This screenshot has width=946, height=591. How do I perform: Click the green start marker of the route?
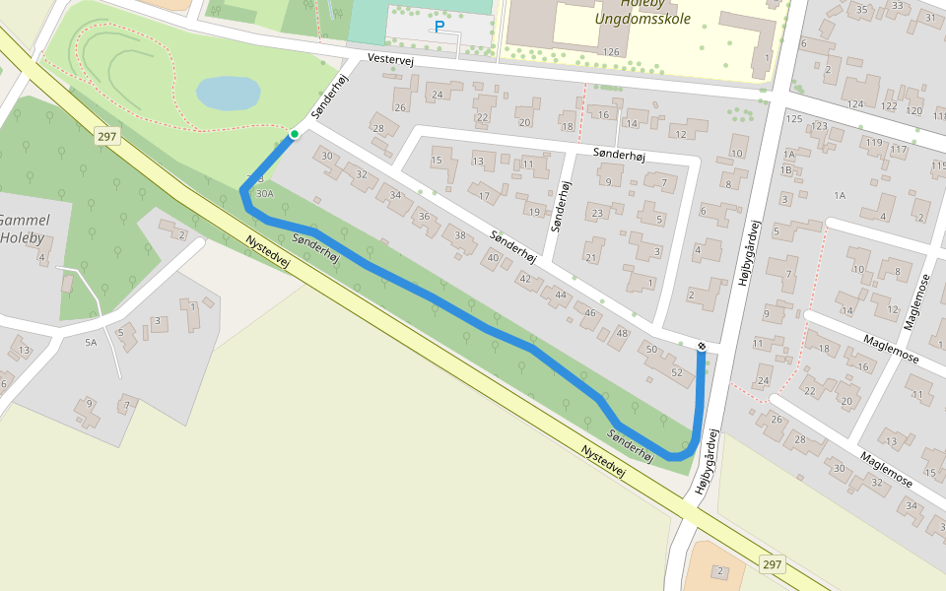(x=294, y=134)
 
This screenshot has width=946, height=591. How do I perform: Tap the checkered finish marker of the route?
(x=701, y=346)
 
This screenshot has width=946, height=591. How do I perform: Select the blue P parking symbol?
(x=439, y=28)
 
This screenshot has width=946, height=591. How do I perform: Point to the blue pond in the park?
(x=228, y=95)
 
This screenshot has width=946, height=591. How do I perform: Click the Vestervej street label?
(x=389, y=60)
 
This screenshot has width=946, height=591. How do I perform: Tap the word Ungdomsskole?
(x=642, y=18)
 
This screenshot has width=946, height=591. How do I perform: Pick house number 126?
(x=611, y=52)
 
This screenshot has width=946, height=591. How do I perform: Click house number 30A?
(x=264, y=194)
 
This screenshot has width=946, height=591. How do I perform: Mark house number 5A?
(x=92, y=342)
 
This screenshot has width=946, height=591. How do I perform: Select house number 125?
(x=794, y=118)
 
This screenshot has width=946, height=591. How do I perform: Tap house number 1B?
(x=785, y=170)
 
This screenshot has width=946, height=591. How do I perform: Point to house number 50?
(x=649, y=349)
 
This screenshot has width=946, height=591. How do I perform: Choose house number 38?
(x=458, y=234)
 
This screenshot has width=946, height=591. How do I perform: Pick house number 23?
(x=597, y=214)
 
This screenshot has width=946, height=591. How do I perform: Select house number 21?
(x=591, y=257)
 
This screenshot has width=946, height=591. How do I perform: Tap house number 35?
(x=862, y=10)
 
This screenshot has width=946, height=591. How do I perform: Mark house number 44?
(x=560, y=295)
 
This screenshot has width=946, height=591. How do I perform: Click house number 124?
(x=855, y=104)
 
